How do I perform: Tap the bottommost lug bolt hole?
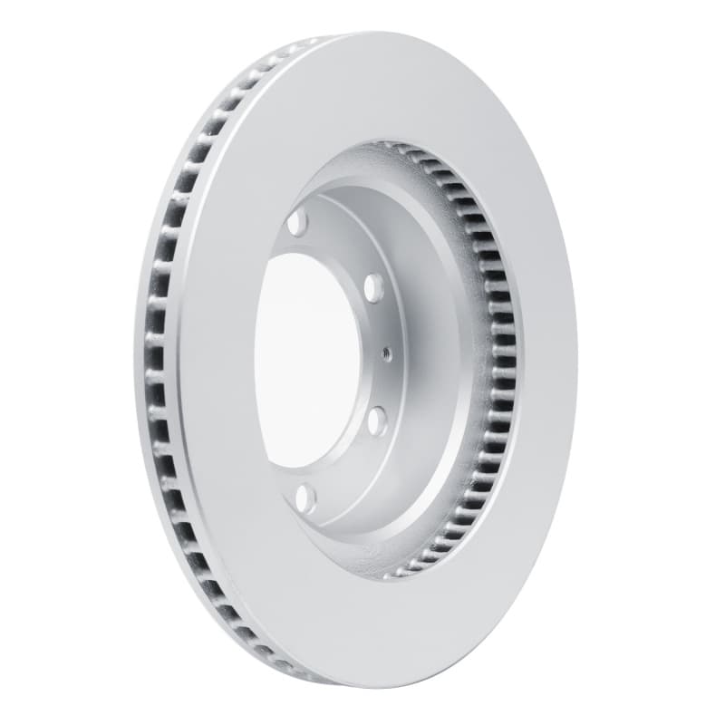[x=305, y=497]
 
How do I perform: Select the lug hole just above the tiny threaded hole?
[x=372, y=288]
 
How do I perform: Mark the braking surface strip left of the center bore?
[x=217, y=362]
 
